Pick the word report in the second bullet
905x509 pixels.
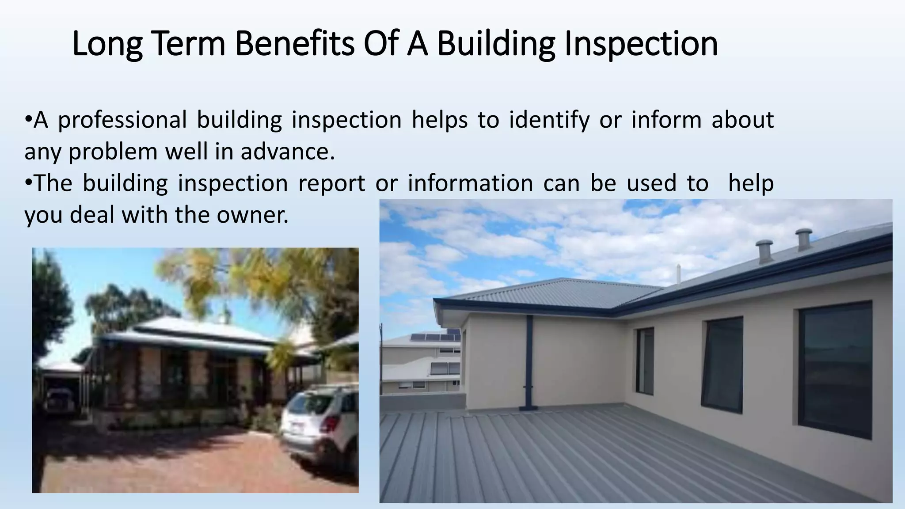[331, 184]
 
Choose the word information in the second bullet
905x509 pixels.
[470, 184]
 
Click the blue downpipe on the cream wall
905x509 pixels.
[529, 362]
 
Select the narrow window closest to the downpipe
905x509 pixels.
[645, 361]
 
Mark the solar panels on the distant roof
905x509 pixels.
[435, 337]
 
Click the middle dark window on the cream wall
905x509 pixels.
[722, 365]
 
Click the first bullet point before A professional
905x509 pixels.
[28, 119]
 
